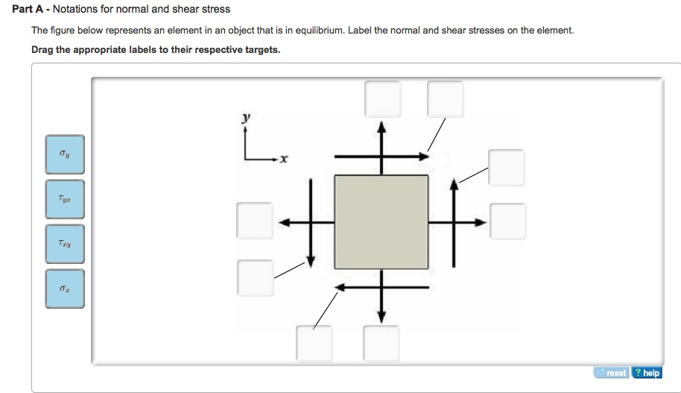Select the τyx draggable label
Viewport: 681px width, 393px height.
coord(65,199)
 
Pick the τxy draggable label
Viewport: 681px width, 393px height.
coord(65,244)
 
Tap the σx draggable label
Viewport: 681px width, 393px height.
coord(65,289)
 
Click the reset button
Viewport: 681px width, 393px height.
coord(612,372)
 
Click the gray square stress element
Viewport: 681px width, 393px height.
coord(381,221)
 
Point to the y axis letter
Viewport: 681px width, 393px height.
coord(246,118)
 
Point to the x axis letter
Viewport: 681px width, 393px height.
coord(285,160)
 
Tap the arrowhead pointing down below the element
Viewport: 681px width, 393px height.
coord(381,318)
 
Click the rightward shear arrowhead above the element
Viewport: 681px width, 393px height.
coord(425,157)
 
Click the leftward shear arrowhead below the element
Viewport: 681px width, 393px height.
coord(339,286)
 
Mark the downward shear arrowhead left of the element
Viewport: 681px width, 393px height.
coord(311,262)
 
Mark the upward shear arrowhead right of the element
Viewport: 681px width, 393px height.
coord(452,182)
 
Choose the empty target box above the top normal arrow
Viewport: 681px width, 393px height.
coord(382,98)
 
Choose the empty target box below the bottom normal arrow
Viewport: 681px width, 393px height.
coord(381,344)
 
